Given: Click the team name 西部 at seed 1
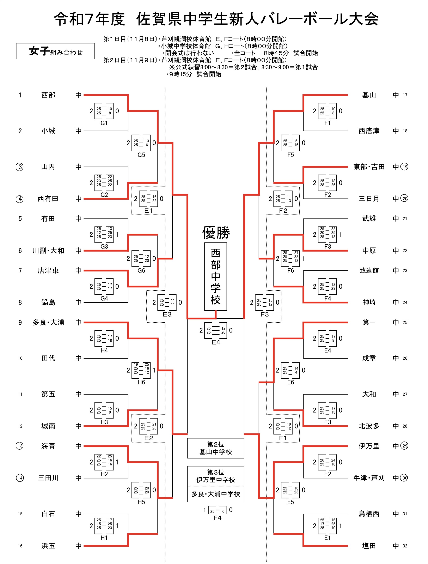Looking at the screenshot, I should click(x=48, y=95).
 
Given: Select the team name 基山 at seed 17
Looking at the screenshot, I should click(x=369, y=95).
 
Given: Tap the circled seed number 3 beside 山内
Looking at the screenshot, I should click(x=20, y=167).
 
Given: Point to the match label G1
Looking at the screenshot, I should click(x=104, y=123).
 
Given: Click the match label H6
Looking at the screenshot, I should click(x=141, y=382).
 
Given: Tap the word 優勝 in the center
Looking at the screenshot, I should click(x=216, y=232).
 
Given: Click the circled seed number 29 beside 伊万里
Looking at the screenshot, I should click(x=405, y=446).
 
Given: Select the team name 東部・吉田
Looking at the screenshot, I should click(x=369, y=167).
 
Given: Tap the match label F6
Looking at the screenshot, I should click(x=291, y=271).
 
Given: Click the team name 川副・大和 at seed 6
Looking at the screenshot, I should click(x=48, y=251).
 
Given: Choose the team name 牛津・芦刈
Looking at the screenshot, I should click(x=369, y=478).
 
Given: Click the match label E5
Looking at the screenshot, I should click(x=291, y=502).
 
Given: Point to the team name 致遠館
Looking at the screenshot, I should click(x=369, y=271).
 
